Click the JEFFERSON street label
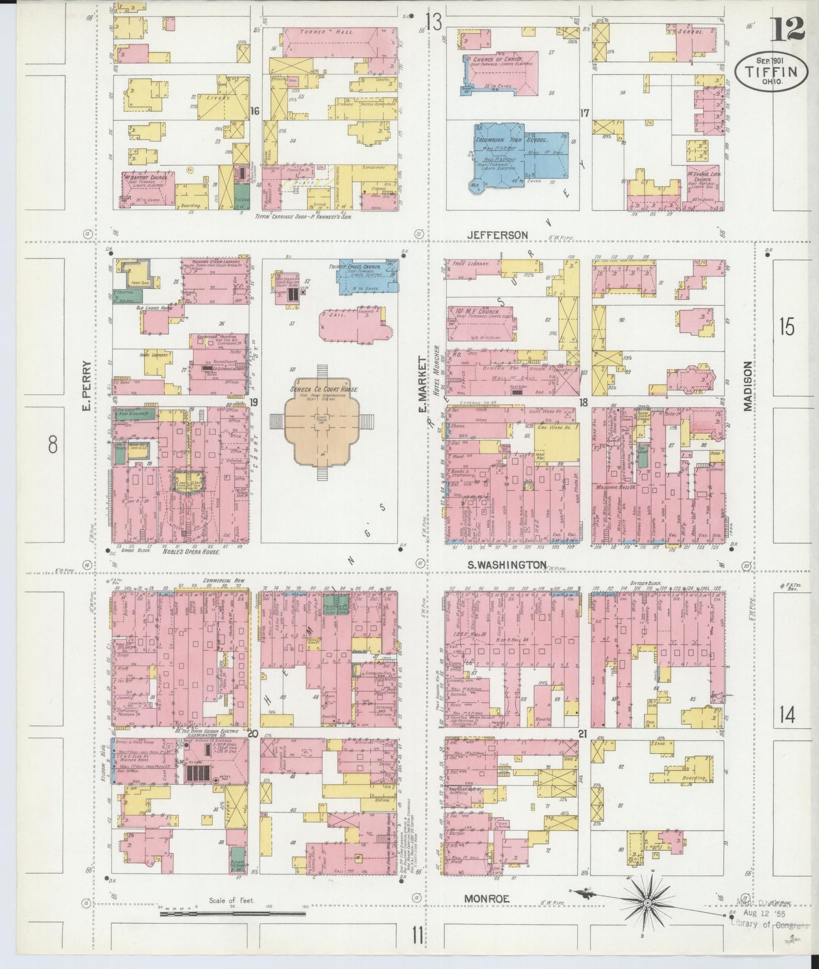pyautogui.click(x=497, y=235)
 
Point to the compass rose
pyautogui.click(x=647, y=900)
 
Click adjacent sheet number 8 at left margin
pyautogui.click(x=53, y=445)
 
